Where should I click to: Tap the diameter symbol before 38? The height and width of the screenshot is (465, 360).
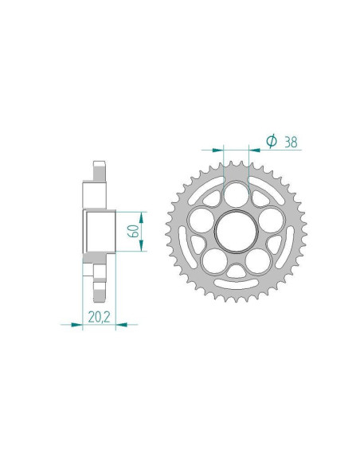[270, 141]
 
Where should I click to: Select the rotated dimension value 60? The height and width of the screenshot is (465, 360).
[135, 232]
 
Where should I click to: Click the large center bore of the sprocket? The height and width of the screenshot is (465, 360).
[237, 232]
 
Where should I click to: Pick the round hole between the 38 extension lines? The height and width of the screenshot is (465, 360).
[237, 193]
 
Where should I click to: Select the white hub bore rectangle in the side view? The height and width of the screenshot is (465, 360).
[100, 232]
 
